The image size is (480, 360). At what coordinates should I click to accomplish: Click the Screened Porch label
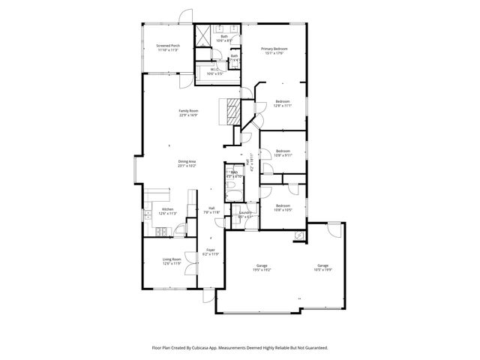(168, 47)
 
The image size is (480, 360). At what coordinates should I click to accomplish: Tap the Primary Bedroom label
(274, 51)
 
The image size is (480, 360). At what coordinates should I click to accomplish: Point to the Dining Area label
(187, 163)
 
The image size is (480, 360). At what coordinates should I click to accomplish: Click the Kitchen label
(167, 211)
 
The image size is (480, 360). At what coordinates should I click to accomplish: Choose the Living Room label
(172, 261)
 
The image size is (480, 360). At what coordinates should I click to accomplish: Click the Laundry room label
(244, 215)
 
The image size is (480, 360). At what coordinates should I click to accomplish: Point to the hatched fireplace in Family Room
(233, 112)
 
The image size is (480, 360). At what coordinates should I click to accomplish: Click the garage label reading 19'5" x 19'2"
(262, 267)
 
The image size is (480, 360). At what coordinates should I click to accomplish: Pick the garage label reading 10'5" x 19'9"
(322, 267)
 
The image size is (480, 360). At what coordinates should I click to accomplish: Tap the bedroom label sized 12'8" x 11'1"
(282, 103)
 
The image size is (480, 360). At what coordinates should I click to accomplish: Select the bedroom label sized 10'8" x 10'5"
(282, 208)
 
